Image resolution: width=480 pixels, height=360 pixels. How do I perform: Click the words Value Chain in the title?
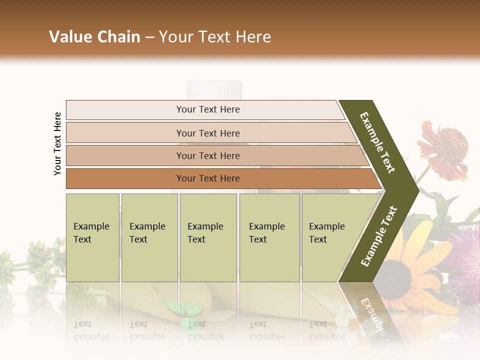point(94,37)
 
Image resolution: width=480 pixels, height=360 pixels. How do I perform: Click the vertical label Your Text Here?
point(57,143)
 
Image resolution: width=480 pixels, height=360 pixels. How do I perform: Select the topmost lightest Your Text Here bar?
point(207,109)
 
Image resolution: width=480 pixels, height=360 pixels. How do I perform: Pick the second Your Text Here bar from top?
point(207,133)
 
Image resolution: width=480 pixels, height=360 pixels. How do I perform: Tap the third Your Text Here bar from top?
point(207,155)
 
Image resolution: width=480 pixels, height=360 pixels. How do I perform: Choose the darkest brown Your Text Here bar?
point(207,178)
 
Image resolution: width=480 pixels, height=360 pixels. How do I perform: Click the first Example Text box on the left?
point(92,237)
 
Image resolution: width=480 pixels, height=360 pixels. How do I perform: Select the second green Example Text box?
point(149,237)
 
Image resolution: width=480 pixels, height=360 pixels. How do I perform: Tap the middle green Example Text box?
point(208,237)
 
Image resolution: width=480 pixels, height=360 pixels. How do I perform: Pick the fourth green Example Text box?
point(269,237)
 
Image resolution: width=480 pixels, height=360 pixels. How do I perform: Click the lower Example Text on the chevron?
point(378,236)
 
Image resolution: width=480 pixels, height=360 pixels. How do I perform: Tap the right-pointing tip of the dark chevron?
point(416,190)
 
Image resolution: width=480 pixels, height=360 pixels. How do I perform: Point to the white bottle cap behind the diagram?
point(214,89)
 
